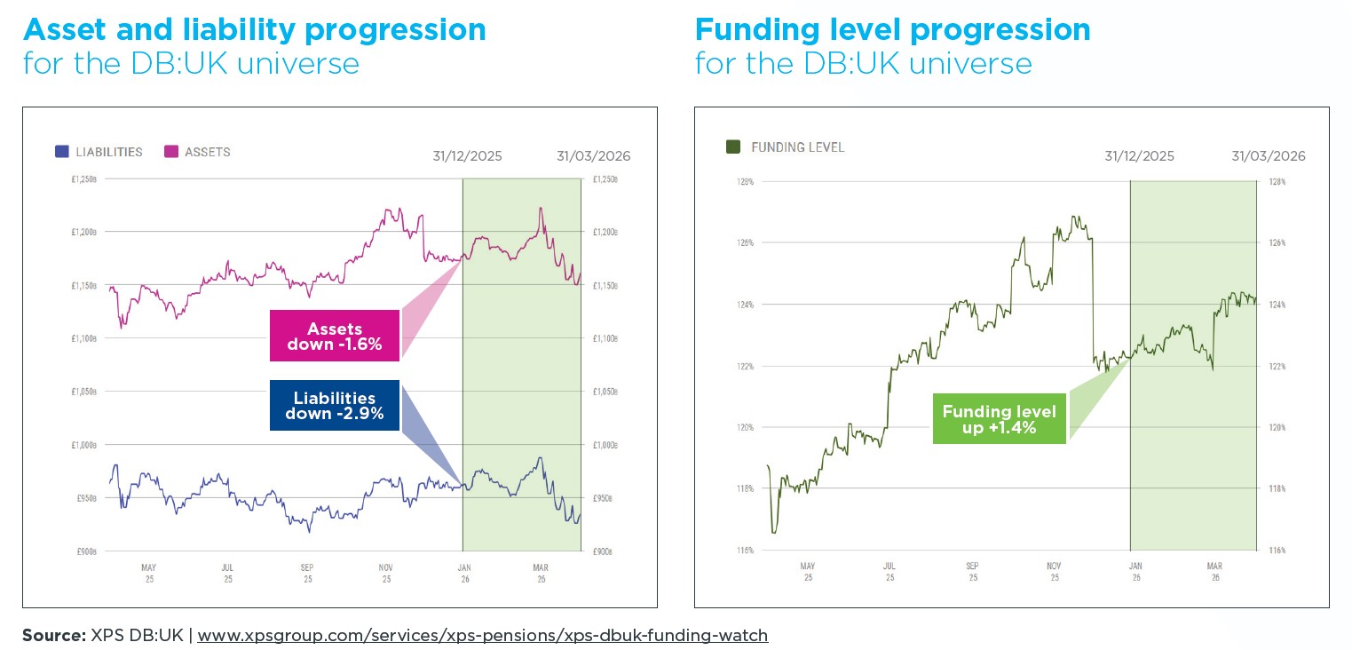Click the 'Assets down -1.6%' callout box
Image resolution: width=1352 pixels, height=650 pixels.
[335, 337]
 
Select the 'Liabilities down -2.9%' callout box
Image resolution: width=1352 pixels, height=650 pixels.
[335, 406]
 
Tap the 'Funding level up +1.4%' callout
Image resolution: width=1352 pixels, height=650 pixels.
[999, 419]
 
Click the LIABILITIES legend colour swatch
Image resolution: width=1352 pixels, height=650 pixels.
[61, 152]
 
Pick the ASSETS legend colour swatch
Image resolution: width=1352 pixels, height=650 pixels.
[171, 152]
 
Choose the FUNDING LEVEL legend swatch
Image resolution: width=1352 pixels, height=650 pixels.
[733, 147]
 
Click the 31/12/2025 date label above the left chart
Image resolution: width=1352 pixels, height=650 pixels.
[467, 156]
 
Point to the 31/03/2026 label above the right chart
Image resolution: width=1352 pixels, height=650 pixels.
[1269, 156]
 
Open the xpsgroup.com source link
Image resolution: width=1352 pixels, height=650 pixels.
[482, 635]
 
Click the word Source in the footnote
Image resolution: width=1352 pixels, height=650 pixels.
[51, 635]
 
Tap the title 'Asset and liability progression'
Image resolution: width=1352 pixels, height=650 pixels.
[255, 29]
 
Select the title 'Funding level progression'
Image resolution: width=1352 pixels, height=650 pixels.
[892, 29]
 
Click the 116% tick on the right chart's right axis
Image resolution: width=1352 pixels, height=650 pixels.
[1277, 551]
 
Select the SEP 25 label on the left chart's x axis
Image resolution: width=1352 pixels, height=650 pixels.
[307, 573]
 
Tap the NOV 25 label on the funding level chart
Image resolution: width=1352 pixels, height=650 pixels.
[1054, 571]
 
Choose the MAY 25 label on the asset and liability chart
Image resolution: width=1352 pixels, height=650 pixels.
[148, 573]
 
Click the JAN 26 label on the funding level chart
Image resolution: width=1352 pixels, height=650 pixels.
[1135, 571]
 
